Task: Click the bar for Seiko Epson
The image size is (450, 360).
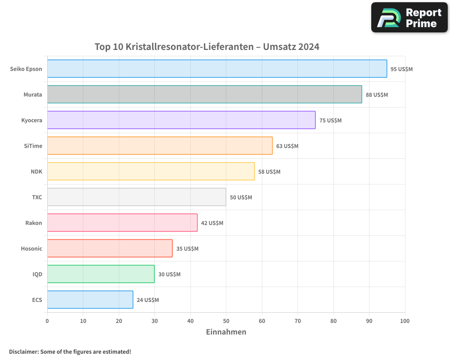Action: [x=217, y=69]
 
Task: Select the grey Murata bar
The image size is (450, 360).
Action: [x=204, y=94]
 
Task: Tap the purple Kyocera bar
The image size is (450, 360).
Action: [x=181, y=120]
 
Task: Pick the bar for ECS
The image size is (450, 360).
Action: [x=90, y=300]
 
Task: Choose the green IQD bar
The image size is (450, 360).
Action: [x=101, y=274]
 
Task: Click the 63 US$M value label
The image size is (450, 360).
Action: [x=287, y=146]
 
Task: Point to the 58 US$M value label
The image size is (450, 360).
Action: [x=269, y=172]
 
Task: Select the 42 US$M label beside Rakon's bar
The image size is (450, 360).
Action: [x=212, y=223]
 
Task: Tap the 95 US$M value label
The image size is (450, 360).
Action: [x=401, y=69]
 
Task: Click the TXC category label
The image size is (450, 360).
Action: [x=37, y=198]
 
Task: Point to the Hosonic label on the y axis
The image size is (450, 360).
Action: [x=31, y=249]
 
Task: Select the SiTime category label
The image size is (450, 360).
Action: [x=33, y=146]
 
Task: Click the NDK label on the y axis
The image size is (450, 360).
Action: [x=36, y=172]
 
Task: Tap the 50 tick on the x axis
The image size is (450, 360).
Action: [x=226, y=321]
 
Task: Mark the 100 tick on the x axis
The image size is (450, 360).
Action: [x=405, y=321]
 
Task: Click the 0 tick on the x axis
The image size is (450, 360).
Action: [x=47, y=321]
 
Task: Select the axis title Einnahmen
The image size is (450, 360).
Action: [x=226, y=332]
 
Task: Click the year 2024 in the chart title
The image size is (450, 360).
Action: [x=309, y=47]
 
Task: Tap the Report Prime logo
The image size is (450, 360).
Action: [x=409, y=18]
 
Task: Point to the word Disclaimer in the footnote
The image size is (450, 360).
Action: [x=23, y=352]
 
